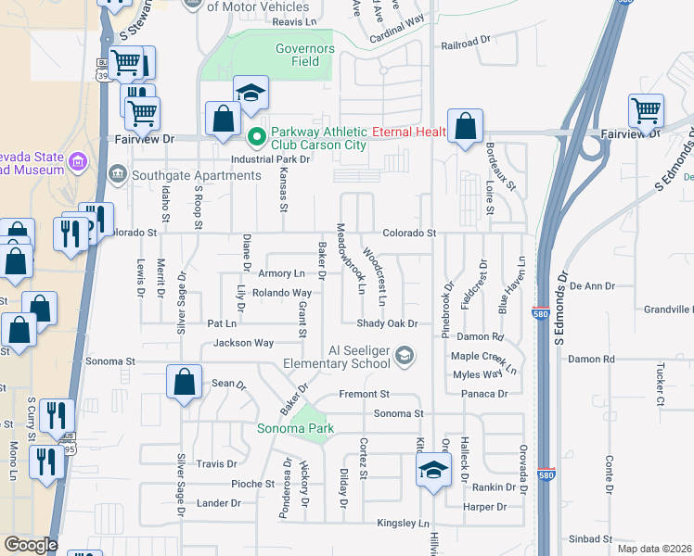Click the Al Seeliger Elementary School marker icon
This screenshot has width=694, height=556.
point(404,355)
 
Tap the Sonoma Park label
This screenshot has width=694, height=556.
point(295,429)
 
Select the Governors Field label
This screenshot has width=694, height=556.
point(304,56)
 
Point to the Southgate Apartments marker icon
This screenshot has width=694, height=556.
point(118,173)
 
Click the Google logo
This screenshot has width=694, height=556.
point(31,545)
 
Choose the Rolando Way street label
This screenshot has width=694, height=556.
point(282,293)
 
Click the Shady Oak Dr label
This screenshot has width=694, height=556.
point(388,323)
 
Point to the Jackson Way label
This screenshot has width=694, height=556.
point(244,343)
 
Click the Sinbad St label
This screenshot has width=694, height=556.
point(590,538)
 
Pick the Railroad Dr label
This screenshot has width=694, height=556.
point(465,44)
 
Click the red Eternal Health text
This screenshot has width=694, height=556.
point(409,132)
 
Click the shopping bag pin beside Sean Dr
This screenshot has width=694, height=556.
point(185,381)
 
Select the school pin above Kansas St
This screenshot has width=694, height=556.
point(251,93)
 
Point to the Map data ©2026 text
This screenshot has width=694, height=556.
point(655,549)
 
